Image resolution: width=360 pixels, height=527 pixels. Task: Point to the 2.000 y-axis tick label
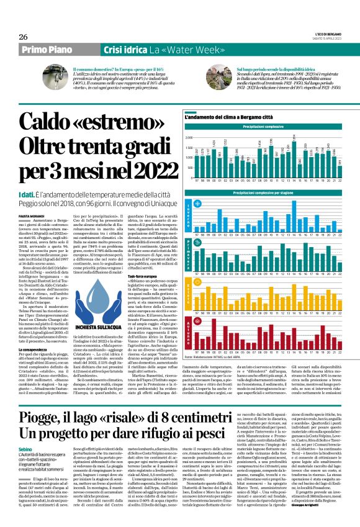pyautogui.click(x=189, y=137)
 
